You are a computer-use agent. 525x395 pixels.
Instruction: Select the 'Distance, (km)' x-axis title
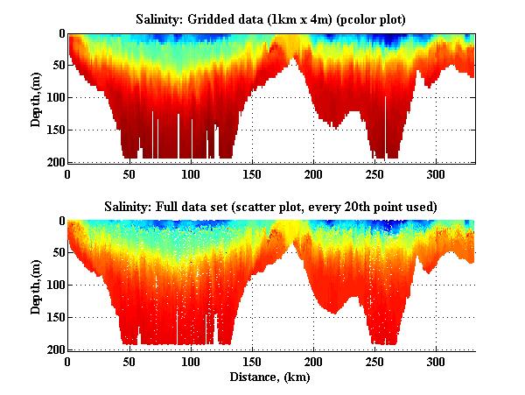[x=271, y=377]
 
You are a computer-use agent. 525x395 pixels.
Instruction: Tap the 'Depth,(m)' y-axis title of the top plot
[x=36, y=98]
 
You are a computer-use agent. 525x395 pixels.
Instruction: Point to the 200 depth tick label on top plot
[x=54, y=163]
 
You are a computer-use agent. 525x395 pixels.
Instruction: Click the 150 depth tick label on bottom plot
[x=54, y=317]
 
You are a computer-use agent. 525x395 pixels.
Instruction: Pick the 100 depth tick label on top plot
[x=54, y=98]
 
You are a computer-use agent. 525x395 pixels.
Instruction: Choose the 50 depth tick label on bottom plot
[x=57, y=253]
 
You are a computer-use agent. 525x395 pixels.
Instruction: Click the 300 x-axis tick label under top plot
[x=436, y=173]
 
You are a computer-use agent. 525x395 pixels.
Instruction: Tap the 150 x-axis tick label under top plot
[x=252, y=173]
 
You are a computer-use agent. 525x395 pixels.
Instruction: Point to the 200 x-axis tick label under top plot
[x=313, y=173]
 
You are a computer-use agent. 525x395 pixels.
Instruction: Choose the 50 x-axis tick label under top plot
[x=129, y=173]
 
